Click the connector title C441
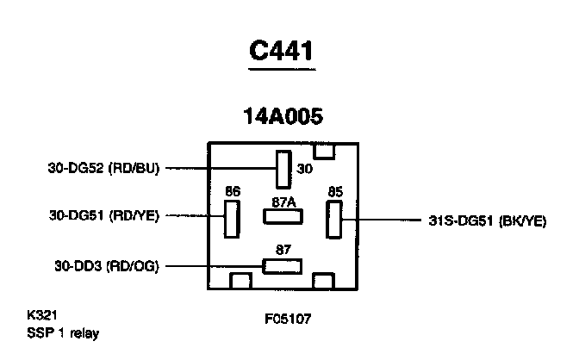click(281, 51)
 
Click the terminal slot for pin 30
click(283, 169)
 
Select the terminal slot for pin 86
click(231, 219)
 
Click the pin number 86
click(232, 191)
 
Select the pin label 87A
click(283, 202)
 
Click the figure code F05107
click(289, 318)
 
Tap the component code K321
click(43, 316)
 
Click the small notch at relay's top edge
click(323, 152)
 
